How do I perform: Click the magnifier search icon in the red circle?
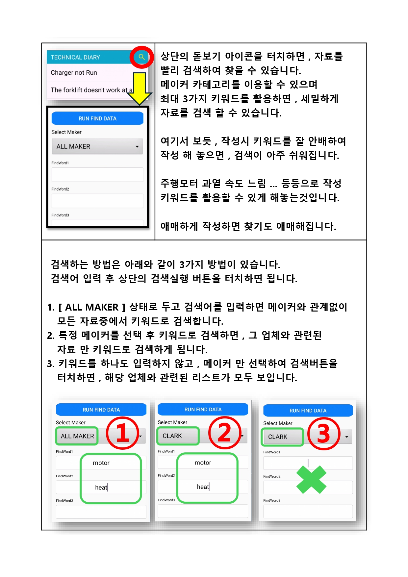pyautogui.click(x=142, y=57)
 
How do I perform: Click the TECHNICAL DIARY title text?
pyautogui.click(x=75, y=57)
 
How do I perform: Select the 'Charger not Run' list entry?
pyautogui.click(x=74, y=73)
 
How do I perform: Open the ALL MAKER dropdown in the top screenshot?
pyautogui.click(x=97, y=147)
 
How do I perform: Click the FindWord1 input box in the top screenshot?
pyautogui.click(x=97, y=175)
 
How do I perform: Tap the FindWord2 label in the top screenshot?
pyautogui.click(x=60, y=189)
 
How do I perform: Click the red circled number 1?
pyautogui.click(x=122, y=433)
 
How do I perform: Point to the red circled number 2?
pyautogui.click(x=225, y=433)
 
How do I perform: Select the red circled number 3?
pyautogui.click(x=323, y=434)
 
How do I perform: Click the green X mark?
pyautogui.click(x=311, y=479)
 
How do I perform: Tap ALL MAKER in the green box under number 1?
pyautogui.click(x=77, y=436)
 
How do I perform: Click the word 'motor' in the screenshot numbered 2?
pyautogui.click(x=203, y=463)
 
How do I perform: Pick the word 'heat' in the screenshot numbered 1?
pyautogui.click(x=101, y=487)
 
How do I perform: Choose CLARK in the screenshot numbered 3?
pyautogui.click(x=278, y=437)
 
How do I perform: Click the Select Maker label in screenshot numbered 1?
pyautogui.click(x=71, y=422)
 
